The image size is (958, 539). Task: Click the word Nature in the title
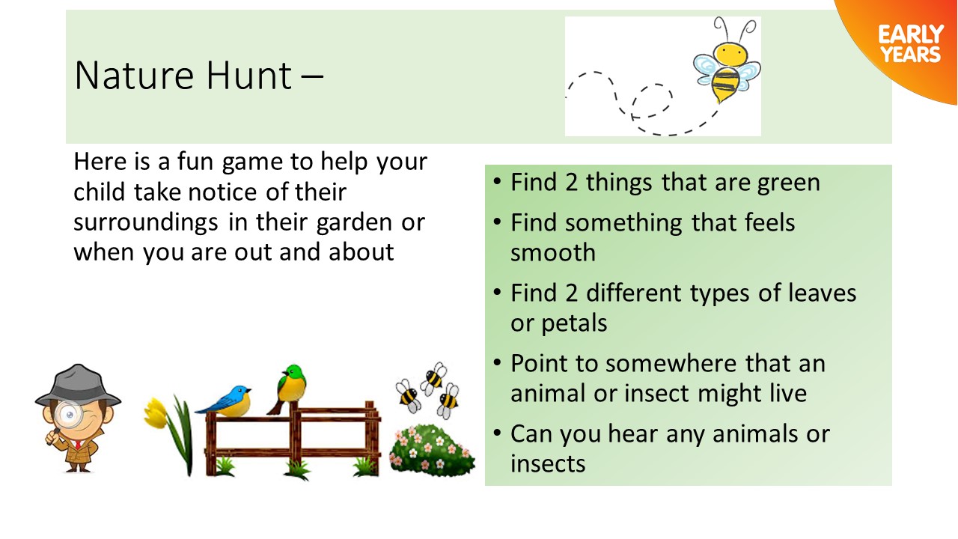tap(134, 76)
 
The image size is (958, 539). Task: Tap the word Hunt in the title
tap(249, 75)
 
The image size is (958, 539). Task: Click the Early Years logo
tap(911, 44)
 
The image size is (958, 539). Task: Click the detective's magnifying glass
tap(68, 415)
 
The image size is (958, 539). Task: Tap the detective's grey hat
tap(78, 386)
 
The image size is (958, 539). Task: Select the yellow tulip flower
tap(155, 412)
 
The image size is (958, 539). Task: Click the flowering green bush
tap(431, 449)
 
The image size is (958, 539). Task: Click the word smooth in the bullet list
tap(552, 252)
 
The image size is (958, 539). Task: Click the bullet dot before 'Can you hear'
tap(496, 433)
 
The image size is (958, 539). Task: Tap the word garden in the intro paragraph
tap(354, 223)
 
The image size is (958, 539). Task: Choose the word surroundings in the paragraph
tap(146, 223)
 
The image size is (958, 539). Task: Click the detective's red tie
tap(78, 444)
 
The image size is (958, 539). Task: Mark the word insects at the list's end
tap(547, 463)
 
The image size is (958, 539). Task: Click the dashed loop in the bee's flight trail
tap(651, 100)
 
